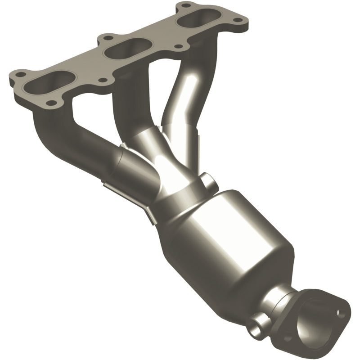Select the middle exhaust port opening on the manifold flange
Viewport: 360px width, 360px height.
coord(125,48)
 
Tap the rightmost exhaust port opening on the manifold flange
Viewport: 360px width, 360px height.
coord(195,20)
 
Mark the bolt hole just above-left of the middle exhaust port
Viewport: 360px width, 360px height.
coord(106,37)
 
